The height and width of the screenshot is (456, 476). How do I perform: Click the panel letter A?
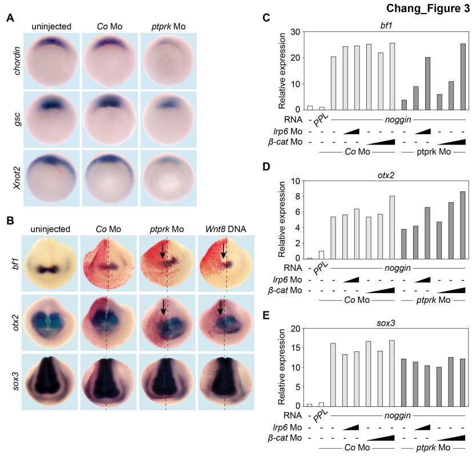coord(10,18)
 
